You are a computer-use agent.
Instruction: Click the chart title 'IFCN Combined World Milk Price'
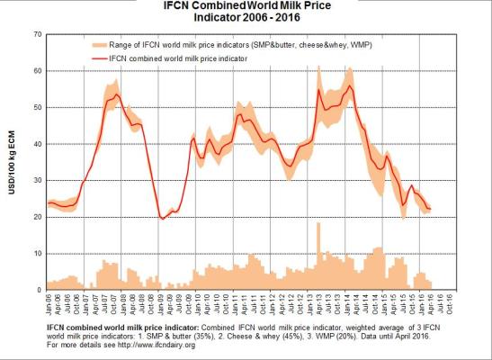pyautogui.click(x=246, y=6)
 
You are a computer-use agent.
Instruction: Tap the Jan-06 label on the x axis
pyautogui.click(x=49, y=303)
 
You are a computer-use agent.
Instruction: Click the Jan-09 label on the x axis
pyautogui.click(x=161, y=303)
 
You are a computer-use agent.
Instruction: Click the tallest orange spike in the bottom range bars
pyautogui.click(x=318, y=225)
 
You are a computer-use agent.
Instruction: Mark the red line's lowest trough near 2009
pyautogui.click(x=162, y=218)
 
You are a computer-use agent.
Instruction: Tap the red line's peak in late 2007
pyautogui.click(x=116, y=94)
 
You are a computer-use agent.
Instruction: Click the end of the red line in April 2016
pyautogui.click(x=431, y=209)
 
